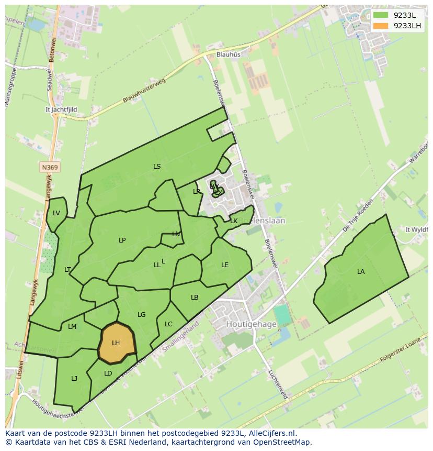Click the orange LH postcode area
click(116, 343)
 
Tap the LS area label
click(157, 167)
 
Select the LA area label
click(361, 272)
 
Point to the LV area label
click(56, 213)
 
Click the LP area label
click(122, 240)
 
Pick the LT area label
click(67, 270)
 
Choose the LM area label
click(72, 327)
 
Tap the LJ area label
click(74, 378)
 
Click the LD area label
click(108, 373)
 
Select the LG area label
click(142, 315)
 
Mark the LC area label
click(168, 324)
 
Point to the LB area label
click(195, 298)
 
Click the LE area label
click(225, 265)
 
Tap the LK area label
click(234, 221)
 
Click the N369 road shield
click(50, 167)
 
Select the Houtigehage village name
click(251, 324)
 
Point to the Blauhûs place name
click(229, 54)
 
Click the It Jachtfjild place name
click(61, 109)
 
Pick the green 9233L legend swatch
click(381, 15)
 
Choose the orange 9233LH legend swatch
click(381, 26)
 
